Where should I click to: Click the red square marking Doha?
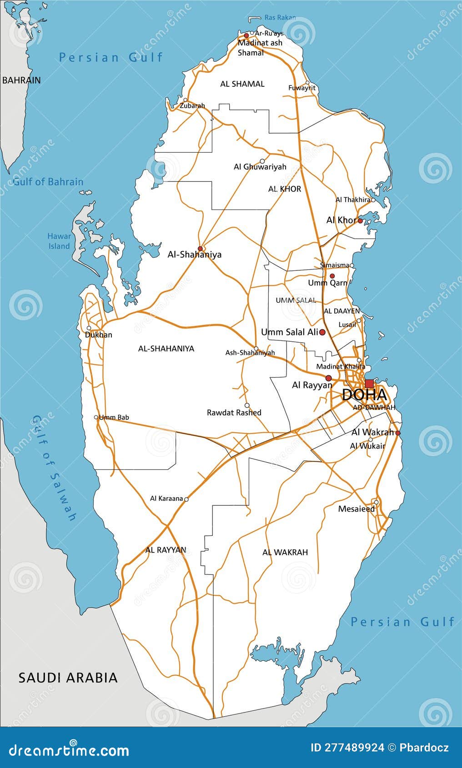369,383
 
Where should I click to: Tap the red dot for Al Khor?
360,221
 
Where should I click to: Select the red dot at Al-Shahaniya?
200,249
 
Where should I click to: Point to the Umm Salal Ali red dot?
322,332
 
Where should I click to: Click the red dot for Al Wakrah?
398,433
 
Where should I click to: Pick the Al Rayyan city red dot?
328,378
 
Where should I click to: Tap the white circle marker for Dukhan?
89,328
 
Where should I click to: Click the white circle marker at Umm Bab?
96,417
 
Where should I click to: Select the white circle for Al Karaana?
186,499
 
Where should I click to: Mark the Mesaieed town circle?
376,502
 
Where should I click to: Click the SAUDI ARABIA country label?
68,678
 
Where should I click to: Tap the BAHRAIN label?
21,80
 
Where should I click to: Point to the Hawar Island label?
59,241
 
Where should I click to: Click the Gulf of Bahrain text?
48,182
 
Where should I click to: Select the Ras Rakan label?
280,18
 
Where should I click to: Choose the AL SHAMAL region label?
242,84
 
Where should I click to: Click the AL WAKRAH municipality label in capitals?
285,552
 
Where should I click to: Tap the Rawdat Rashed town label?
234,413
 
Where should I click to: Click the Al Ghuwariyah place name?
260,167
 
